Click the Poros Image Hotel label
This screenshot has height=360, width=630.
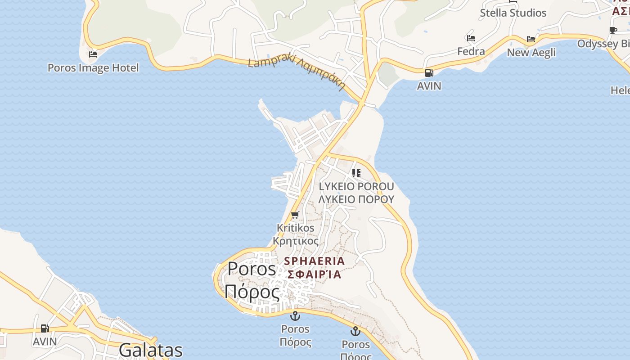(x=93, y=68)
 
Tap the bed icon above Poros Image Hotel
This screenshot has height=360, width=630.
(x=93, y=54)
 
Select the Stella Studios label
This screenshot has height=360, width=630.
(x=513, y=13)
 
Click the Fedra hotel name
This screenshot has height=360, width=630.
(x=471, y=51)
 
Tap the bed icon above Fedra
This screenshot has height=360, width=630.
(x=471, y=38)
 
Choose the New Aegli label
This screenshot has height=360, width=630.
(x=531, y=53)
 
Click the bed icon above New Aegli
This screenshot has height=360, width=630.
(x=531, y=39)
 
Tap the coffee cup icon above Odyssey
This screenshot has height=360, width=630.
(x=613, y=30)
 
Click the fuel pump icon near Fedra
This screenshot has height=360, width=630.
(x=429, y=72)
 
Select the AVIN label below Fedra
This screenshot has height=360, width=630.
(x=429, y=85)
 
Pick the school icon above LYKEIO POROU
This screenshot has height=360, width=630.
(x=356, y=173)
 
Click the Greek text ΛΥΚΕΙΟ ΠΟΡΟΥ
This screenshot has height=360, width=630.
(x=356, y=199)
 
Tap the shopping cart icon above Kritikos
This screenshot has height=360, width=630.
(x=295, y=215)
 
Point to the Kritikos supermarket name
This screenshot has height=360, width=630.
(x=296, y=228)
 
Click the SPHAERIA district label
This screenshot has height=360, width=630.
(x=315, y=261)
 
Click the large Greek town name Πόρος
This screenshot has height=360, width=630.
(x=252, y=292)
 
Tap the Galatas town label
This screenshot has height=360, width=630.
(x=151, y=350)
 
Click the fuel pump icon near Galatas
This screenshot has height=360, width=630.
(x=45, y=328)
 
